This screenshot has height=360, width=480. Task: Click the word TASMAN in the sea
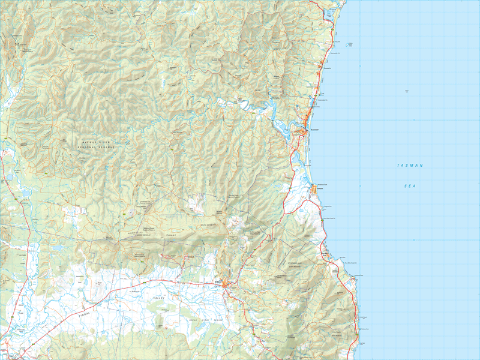pos(410,165)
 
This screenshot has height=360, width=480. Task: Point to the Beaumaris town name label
pos(327,68)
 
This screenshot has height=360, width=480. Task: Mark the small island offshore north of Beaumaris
pos(350,44)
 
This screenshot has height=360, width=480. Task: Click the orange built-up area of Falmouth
pos(313,190)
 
